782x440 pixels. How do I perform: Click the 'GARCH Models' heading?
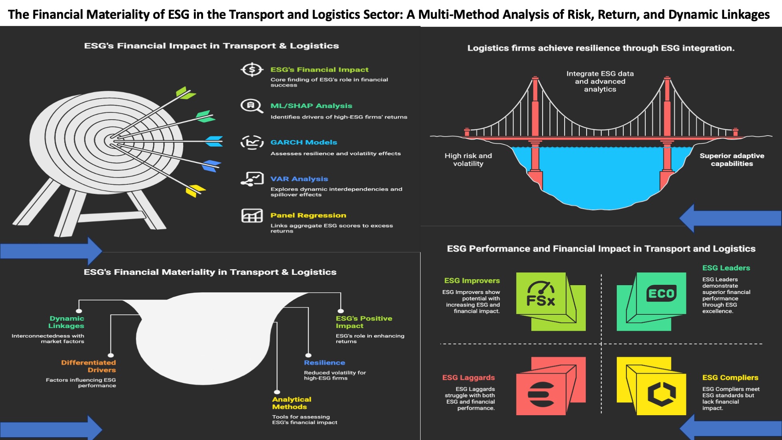(x=303, y=142)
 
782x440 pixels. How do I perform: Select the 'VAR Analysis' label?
(x=299, y=179)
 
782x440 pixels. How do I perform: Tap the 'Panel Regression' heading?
(x=308, y=215)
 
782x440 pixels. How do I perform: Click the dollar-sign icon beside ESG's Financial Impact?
(x=252, y=70)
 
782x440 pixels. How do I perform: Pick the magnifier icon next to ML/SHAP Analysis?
(x=251, y=106)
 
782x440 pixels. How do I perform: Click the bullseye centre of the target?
(x=110, y=141)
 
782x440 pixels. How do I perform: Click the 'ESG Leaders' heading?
(x=726, y=268)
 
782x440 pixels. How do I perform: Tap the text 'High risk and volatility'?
(x=468, y=160)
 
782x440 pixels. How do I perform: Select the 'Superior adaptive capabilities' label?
(x=732, y=160)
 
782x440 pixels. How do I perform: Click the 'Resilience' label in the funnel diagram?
(x=324, y=362)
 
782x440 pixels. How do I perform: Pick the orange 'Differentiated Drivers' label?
(x=89, y=366)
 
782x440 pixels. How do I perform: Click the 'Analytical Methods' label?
(x=291, y=403)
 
